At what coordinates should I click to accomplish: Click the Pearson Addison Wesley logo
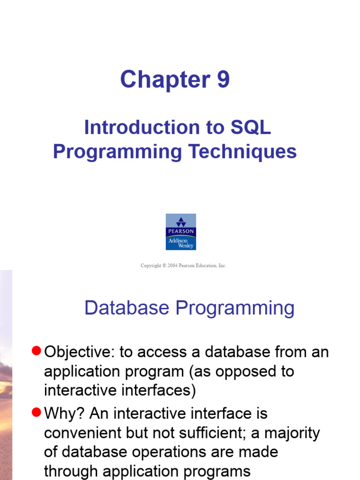[181, 232]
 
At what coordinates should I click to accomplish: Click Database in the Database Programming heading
[127, 308]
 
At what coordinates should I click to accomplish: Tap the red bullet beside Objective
[37, 351]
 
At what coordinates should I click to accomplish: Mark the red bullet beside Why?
[37, 412]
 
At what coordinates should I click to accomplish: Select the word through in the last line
[72, 471]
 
